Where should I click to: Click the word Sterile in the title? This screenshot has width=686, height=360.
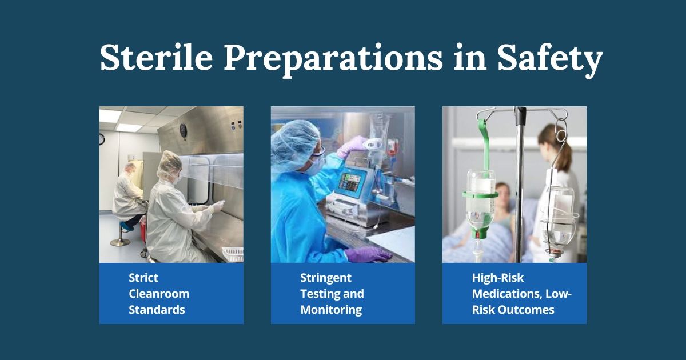[157, 58]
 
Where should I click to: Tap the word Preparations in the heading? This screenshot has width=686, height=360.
[333, 59]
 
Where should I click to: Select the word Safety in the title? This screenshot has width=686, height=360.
[550, 59]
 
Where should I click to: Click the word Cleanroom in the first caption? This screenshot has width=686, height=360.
[159, 294]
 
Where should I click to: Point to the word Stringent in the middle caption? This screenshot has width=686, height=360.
[326, 278]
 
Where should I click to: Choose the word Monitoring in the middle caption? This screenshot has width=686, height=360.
[331, 310]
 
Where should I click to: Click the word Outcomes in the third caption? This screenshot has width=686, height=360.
[526, 310]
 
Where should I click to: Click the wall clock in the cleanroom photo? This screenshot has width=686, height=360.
[102, 139]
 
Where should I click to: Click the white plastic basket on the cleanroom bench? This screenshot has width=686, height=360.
[233, 254]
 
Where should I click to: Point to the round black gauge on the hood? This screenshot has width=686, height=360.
[183, 131]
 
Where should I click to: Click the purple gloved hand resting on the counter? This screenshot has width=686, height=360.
[365, 254]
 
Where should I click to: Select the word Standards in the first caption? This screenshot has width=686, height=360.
[157, 310]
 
